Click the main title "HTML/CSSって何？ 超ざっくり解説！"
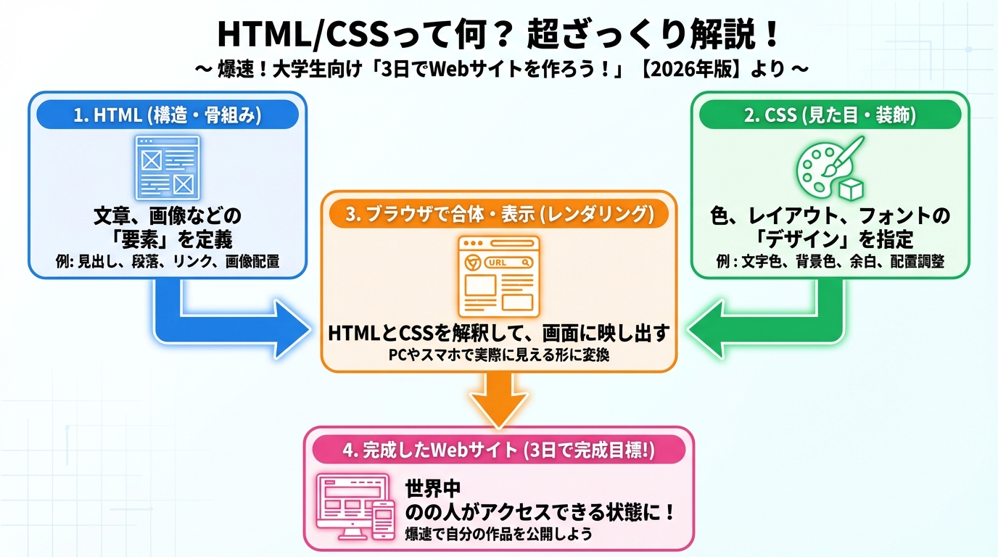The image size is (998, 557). [x=499, y=33]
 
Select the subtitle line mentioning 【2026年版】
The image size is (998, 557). [x=499, y=70]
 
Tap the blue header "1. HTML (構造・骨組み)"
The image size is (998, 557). [x=168, y=115]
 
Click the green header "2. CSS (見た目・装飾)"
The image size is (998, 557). [x=830, y=115]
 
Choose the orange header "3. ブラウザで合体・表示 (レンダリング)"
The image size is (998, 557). [x=498, y=215]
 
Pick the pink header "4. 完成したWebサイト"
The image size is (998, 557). [x=498, y=450]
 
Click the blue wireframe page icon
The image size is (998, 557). [x=168, y=167]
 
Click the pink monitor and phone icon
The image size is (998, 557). [x=356, y=508]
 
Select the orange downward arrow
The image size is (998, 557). [x=498, y=399]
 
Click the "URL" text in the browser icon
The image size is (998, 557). [x=498, y=263]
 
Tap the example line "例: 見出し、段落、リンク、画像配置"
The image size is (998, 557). [x=168, y=262]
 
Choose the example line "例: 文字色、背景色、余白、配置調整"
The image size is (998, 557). [x=830, y=262]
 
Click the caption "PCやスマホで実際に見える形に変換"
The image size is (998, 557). [x=498, y=356]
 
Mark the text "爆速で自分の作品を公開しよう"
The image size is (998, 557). [x=498, y=535]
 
